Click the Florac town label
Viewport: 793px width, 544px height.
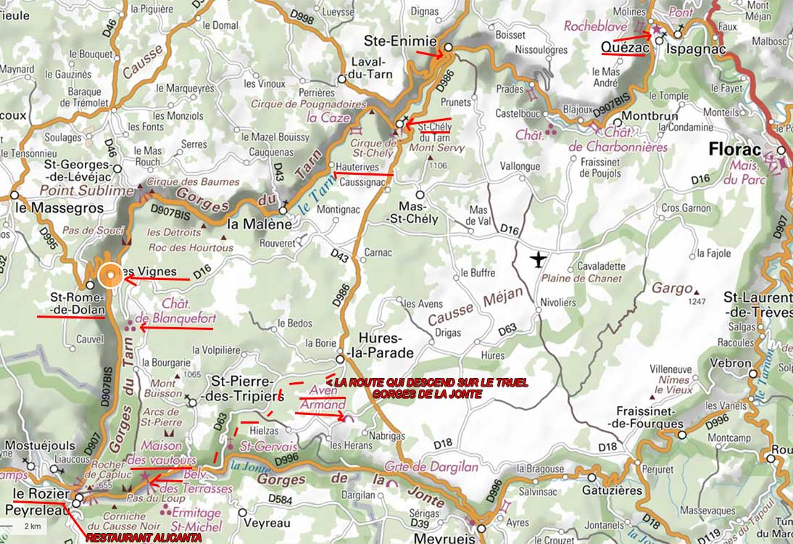click(734, 150)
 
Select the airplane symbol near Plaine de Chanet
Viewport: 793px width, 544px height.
click(538, 259)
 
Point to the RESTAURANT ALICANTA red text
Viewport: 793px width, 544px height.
click(154, 537)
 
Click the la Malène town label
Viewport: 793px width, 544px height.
click(260, 224)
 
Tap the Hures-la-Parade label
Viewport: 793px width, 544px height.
click(386, 346)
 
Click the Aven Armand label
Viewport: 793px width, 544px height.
click(322, 397)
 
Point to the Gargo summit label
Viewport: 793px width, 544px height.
click(671, 288)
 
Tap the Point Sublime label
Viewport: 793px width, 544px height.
click(87, 190)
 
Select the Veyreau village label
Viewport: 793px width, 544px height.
click(267, 522)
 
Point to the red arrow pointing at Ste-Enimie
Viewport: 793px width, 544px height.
click(428, 52)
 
